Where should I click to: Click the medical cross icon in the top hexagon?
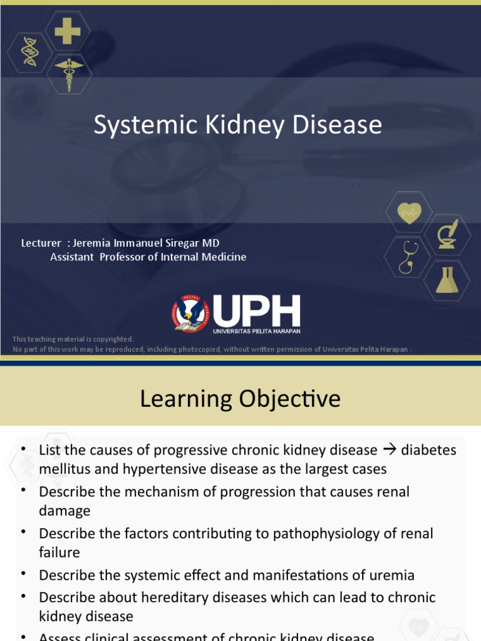pos(67,31)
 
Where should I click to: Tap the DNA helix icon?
pos(29,52)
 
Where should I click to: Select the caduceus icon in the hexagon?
pos(69,73)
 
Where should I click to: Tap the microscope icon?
pos(447,234)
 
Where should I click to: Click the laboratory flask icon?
pos(447,279)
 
